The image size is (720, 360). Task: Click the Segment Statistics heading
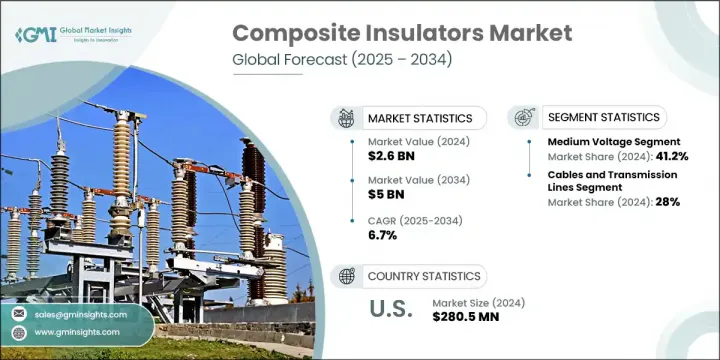604,118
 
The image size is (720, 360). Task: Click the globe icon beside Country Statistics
346,276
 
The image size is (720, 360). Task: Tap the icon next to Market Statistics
346,117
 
